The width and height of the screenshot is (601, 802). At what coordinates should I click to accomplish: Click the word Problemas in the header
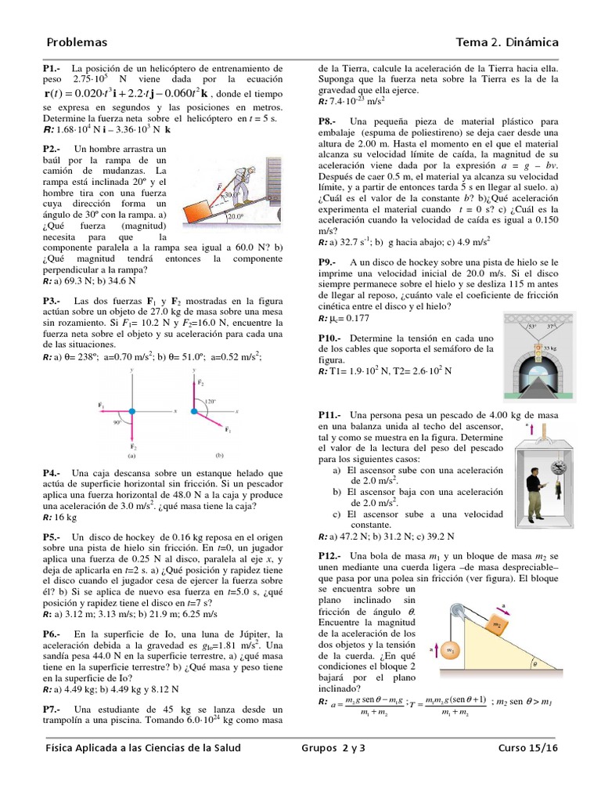pos(77,42)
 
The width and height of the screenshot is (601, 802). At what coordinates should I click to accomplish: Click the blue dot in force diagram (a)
pos(131,410)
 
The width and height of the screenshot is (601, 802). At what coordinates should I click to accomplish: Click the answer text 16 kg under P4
pos(66,518)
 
